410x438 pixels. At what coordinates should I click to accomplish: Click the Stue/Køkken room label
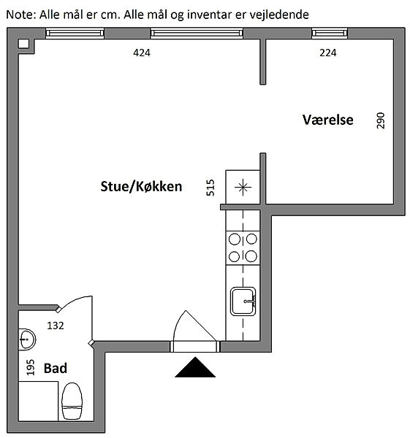coord(141,187)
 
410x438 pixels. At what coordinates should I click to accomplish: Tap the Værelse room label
coord(327,120)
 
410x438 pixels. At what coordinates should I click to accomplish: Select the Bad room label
coord(56,368)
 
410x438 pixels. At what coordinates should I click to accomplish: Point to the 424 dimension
coord(142,53)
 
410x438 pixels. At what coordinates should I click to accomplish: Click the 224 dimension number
coord(328,53)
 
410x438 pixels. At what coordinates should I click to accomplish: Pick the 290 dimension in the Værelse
coord(381,120)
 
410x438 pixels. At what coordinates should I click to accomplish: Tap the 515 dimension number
coord(210,188)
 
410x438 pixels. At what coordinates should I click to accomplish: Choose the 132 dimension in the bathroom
coord(56,326)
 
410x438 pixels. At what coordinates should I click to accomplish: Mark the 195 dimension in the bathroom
coord(31,367)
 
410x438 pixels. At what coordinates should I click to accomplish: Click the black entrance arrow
coord(195,367)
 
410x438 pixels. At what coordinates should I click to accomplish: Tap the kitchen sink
coord(243,301)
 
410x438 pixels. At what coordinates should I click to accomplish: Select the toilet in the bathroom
coord(72,401)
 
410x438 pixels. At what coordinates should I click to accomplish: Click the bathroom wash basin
coord(27,339)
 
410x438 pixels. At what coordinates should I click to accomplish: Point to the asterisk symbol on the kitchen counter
coord(243,187)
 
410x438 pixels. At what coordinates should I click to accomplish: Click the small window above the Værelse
coord(330,34)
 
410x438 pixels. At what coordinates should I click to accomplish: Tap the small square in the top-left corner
coord(24,44)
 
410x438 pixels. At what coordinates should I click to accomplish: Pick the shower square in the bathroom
coord(38,401)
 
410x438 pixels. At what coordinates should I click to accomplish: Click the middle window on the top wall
coord(197,34)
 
